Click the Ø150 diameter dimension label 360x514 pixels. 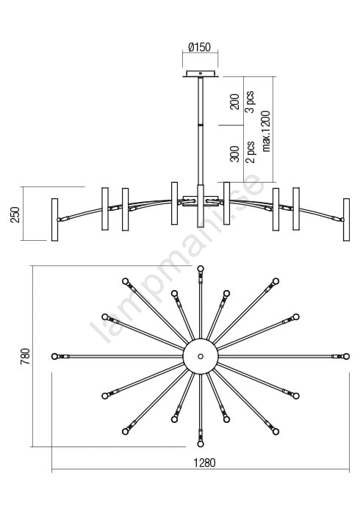click(x=199, y=47)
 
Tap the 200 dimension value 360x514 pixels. click(x=235, y=101)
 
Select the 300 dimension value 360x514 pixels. click(x=235, y=153)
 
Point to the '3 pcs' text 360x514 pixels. click(x=250, y=101)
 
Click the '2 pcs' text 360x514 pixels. click(x=250, y=152)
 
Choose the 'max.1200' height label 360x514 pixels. click(x=266, y=131)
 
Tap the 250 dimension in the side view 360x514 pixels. click(x=15, y=214)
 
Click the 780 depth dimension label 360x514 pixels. click(x=25, y=357)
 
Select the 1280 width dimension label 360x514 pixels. click(x=204, y=463)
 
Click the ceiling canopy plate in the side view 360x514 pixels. click(x=201, y=74)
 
